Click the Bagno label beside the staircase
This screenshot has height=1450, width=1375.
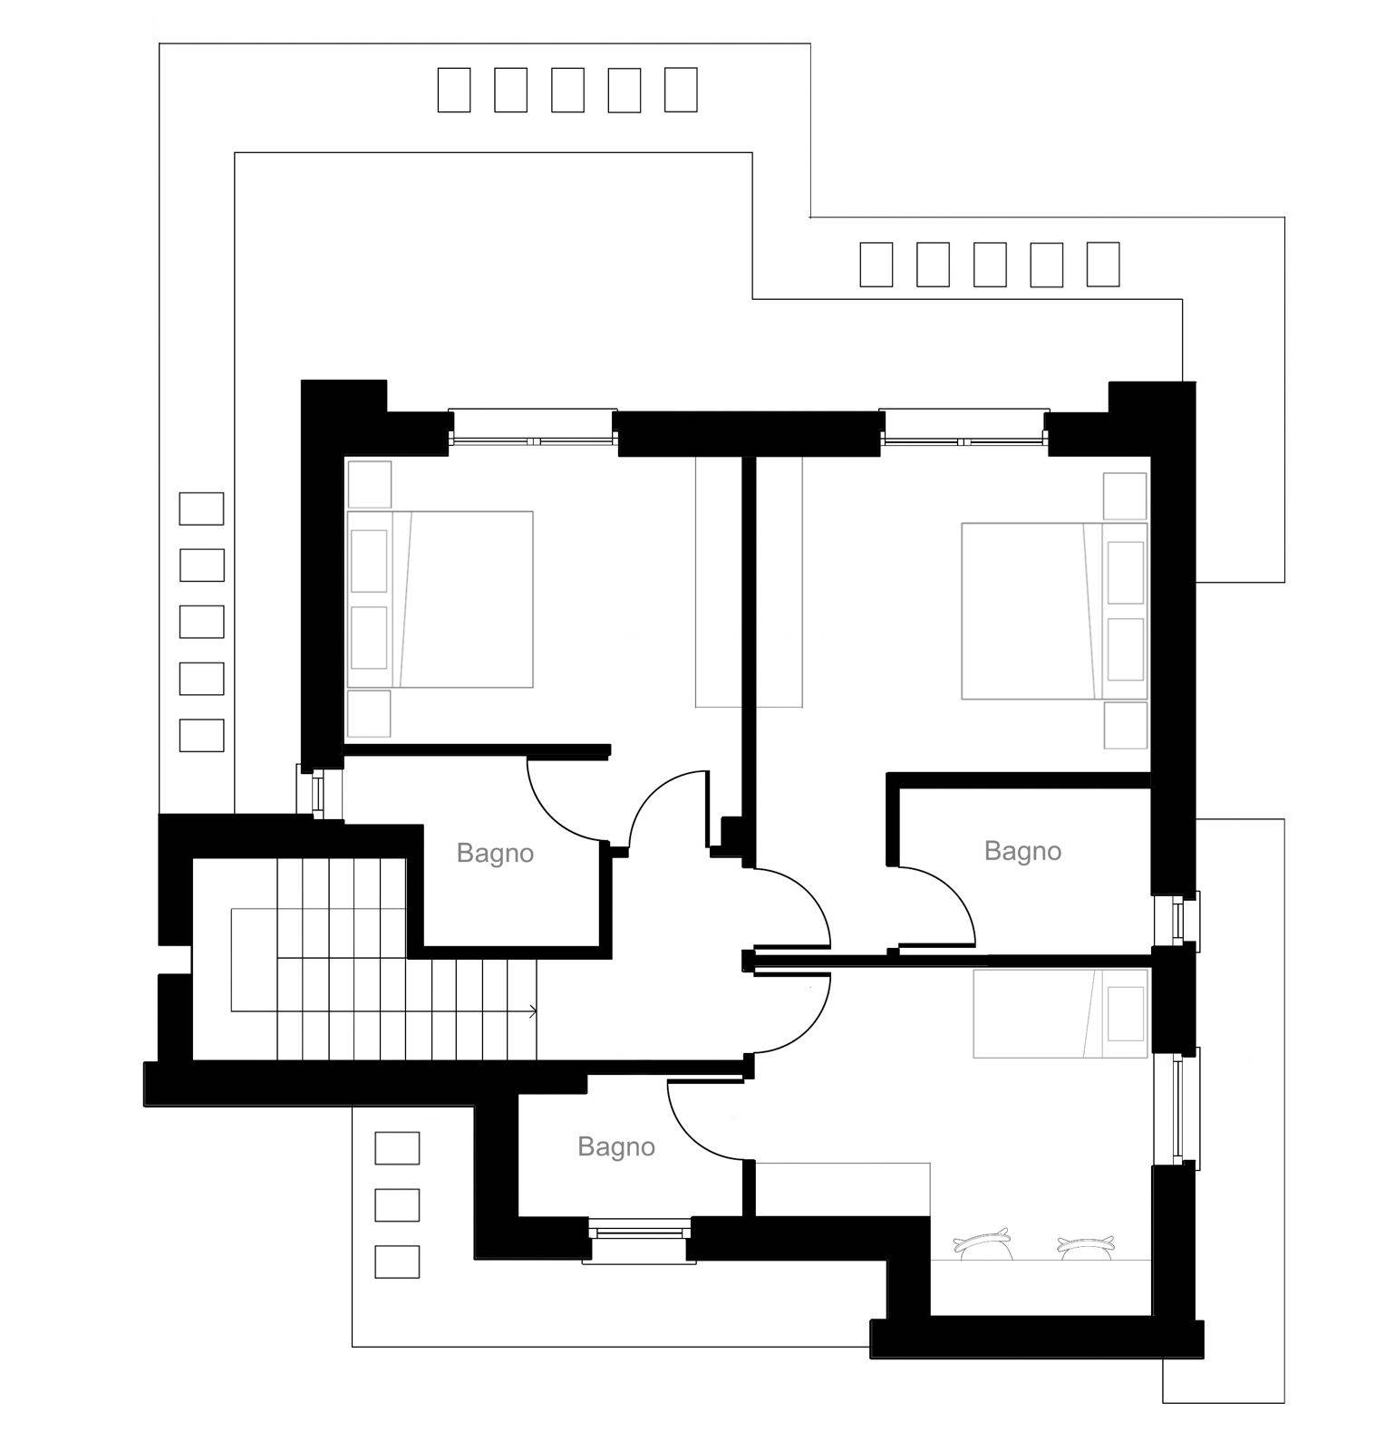point(495,853)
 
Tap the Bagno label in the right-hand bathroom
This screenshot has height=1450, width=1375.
point(1022,851)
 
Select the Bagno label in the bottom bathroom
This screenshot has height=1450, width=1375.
point(616,1147)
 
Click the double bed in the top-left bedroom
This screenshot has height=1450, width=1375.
point(440,599)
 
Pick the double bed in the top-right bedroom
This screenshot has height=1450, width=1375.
point(1054,610)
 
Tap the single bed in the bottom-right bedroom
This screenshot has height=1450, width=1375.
point(1060,1013)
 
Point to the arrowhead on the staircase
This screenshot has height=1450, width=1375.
point(533,1010)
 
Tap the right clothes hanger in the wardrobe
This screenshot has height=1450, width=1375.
point(1086,1246)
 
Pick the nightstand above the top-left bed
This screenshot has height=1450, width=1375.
point(369,484)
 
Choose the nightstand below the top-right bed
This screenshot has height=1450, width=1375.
point(1126,725)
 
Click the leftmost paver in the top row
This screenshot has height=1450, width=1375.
point(454,90)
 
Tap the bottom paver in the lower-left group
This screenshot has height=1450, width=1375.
point(397,1261)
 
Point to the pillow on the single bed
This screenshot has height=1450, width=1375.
point(1125,1013)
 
